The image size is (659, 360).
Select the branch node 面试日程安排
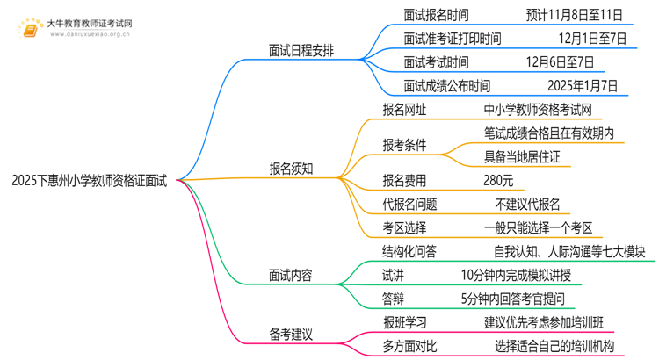click(304, 50)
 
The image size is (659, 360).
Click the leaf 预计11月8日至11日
click(576, 15)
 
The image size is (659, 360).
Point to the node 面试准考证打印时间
click(453, 39)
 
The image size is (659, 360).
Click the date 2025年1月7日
click(582, 85)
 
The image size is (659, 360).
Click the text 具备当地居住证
click(522, 156)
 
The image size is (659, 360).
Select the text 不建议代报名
click(527, 204)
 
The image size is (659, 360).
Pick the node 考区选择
click(404, 227)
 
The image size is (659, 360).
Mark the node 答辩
click(393, 298)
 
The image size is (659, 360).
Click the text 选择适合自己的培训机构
click(554, 345)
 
